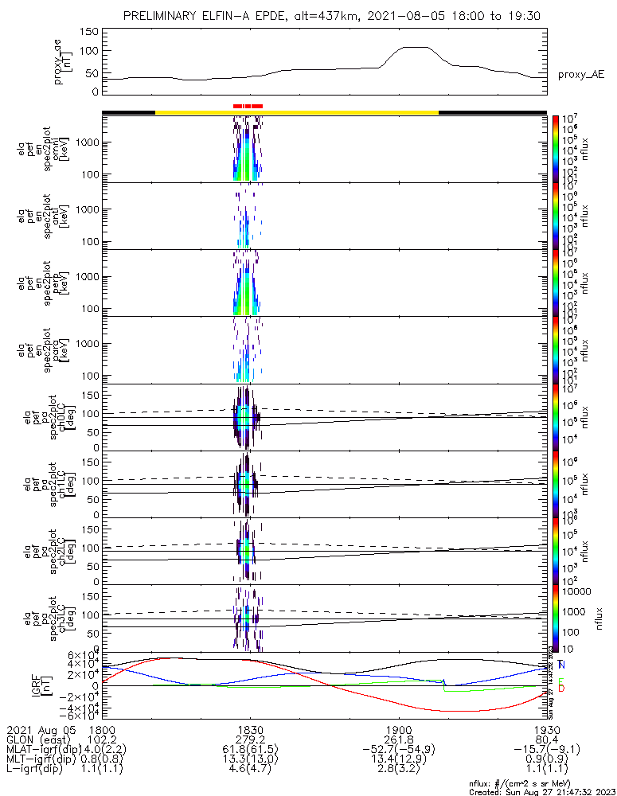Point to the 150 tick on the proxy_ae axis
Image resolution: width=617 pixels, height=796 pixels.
coord(89,32)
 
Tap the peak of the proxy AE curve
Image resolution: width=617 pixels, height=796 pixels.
coord(416,48)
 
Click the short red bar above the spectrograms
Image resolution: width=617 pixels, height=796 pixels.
coord(248,105)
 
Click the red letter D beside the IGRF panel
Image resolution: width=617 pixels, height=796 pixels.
coord(561,688)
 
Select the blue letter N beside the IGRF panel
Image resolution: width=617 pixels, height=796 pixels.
coord(561,665)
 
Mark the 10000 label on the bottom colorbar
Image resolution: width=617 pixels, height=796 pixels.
coord(575,592)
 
